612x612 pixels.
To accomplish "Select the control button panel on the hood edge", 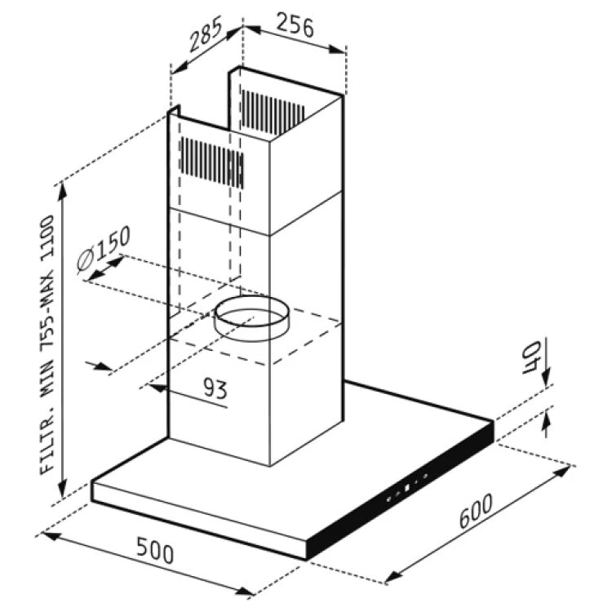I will [404, 488].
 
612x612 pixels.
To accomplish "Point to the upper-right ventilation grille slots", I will [273, 106].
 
